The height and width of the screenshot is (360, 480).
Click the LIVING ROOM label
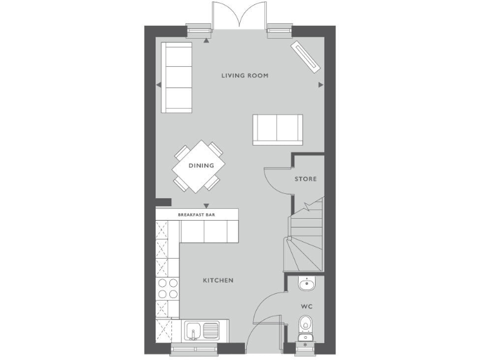click(x=245, y=76)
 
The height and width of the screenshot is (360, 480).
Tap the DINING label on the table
click(x=197, y=166)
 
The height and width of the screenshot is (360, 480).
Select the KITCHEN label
click(x=218, y=281)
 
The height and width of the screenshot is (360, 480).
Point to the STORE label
click(x=306, y=179)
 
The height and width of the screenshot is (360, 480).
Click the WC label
click(x=306, y=307)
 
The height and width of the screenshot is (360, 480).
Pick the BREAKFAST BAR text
click(x=197, y=214)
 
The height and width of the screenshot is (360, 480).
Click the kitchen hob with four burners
click(x=167, y=288)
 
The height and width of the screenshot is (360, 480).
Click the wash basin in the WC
click(x=306, y=284)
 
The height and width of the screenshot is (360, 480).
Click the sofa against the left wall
click(x=177, y=77)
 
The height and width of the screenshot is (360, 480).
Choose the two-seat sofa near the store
click(x=277, y=129)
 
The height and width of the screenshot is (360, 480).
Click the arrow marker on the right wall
click(x=321, y=84)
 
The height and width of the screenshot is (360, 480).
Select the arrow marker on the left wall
click(x=159, y=84)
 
